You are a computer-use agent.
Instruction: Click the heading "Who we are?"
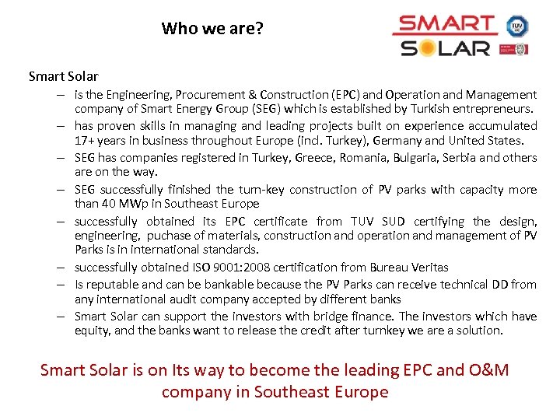[212, 30]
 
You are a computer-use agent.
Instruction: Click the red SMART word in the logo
[444, 25]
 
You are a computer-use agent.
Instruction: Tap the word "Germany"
[395, 141]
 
